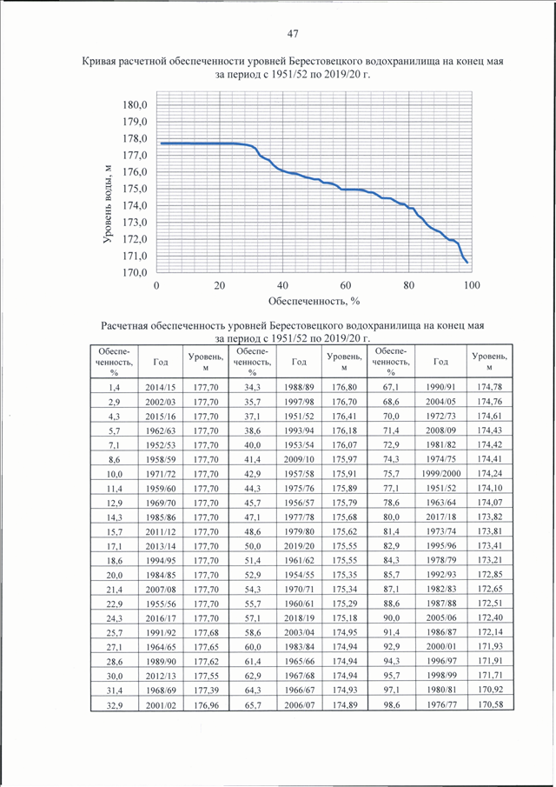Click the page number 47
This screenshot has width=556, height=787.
pos(293,34)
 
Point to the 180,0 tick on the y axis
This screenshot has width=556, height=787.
pos(135,105)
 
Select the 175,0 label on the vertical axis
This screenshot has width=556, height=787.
pos(135,189)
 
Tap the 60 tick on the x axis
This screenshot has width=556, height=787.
pos(346,285)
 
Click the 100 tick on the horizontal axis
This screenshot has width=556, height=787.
pos(471,285)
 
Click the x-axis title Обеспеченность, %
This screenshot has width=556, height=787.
pos(314,301)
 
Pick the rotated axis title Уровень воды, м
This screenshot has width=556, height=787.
pos(107,204)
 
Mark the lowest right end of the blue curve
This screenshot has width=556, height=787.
pos(467,263)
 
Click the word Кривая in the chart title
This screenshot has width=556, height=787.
pos(99,61)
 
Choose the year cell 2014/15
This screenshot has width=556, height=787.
pos(161,388)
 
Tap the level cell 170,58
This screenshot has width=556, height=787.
pos(490,704)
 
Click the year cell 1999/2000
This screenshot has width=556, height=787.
pos(440,473)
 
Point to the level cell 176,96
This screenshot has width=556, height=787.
pos(206,705)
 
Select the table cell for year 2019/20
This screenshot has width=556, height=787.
pos(300,546)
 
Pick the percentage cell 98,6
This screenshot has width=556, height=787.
pos(391,704)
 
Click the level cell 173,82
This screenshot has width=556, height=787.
pos(490,517)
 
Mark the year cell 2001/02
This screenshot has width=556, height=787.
pos(161,705)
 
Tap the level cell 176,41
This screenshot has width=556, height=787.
pos(344,416)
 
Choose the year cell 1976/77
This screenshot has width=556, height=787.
pos(440,704)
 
